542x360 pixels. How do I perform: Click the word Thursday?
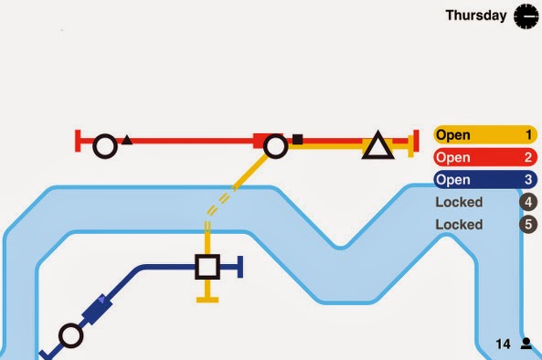pos(476,16)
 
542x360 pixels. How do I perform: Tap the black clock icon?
pos(526,16)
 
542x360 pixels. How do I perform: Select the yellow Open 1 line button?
pos(485,134)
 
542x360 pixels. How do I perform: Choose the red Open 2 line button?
pos(485,157)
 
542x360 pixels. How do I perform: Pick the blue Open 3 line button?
pos(485,180)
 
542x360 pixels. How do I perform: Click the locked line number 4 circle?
pos(528,202)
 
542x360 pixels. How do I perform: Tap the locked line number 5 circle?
pos(528,225)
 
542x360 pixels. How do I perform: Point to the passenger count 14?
pos(503,344)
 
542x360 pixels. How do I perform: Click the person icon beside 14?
pos(526,344)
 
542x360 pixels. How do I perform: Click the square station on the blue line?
pos(207,267)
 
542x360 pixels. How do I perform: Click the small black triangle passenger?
pos(127,140)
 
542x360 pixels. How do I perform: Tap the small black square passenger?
pos(298,139)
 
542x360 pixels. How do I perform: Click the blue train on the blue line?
pos(97,309)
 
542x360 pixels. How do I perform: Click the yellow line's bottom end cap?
pos(207,300)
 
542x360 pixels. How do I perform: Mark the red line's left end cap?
pos(78,141)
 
